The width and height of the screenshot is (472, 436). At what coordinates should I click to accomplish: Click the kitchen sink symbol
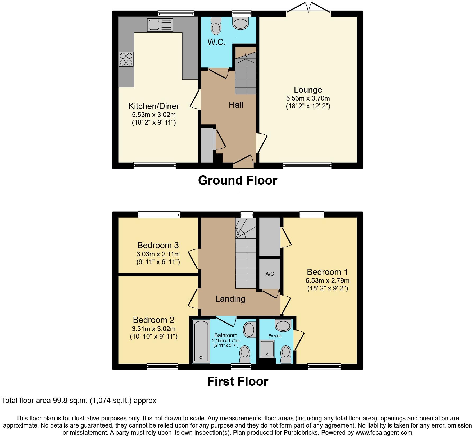(160, 25)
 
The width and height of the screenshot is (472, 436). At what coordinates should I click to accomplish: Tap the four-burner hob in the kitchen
(126, 59)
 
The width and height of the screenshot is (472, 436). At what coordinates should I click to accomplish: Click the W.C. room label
(216, 42)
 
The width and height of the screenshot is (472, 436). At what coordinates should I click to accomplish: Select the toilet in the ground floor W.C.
(216, 26)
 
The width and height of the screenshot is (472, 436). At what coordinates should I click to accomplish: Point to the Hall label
(236, 105)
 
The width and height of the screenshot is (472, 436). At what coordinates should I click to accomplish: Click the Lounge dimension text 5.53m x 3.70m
(308, 98)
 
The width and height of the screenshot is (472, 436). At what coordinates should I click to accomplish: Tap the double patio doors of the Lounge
(308, 8)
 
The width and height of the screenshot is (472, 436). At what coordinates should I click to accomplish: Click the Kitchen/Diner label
(154, 106)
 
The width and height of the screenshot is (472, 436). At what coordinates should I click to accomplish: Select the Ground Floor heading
(237, 180)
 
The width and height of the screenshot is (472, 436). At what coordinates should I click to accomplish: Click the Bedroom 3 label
(158, 245)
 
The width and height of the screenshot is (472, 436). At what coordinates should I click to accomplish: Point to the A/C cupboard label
(270, 274)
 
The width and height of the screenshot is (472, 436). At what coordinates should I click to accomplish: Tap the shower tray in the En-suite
(267, 348)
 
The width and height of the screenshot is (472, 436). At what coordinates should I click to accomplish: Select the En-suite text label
(275, 336)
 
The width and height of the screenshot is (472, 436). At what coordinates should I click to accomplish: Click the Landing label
(230, 299)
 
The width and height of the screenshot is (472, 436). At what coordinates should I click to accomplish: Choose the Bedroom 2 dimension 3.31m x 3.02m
(153, 329)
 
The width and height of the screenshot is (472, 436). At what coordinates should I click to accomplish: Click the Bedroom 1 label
(327, 272)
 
